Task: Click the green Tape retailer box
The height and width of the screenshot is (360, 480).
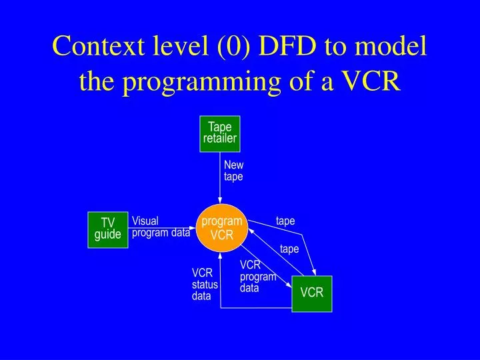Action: tap(220, 133)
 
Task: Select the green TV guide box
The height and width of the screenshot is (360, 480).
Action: tap(107, 229)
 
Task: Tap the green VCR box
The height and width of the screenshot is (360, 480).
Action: tap(311, 293)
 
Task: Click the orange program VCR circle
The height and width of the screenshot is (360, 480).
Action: tap(222, 228)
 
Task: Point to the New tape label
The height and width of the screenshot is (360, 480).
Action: tap(233, 171)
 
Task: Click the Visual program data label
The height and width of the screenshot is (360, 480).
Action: tap(161, 227)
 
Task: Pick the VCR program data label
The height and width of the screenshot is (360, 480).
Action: tap(257, 277)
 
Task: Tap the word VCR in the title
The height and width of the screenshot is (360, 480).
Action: tap(370, 81)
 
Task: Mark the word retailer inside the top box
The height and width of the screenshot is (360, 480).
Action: tap(220, 139)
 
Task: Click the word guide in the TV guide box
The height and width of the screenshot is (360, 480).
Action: tap(107, 235)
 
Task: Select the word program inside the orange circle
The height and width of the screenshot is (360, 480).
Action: tap(222, 221)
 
